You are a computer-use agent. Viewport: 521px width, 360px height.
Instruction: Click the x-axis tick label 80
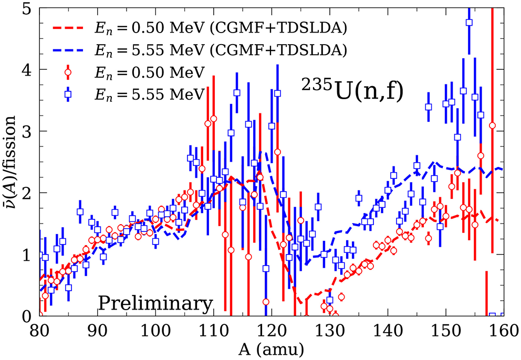40,332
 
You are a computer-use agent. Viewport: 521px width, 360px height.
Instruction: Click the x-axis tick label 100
156,332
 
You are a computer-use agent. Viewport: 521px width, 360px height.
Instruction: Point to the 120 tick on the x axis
272,332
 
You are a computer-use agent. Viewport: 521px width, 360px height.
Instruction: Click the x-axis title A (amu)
272,349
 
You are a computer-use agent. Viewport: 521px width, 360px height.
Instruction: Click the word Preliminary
156,304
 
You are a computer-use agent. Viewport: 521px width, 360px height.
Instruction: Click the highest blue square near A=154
469,23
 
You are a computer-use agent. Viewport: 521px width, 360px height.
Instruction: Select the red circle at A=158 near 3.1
492,125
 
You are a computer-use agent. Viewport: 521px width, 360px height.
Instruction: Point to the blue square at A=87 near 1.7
80,212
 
